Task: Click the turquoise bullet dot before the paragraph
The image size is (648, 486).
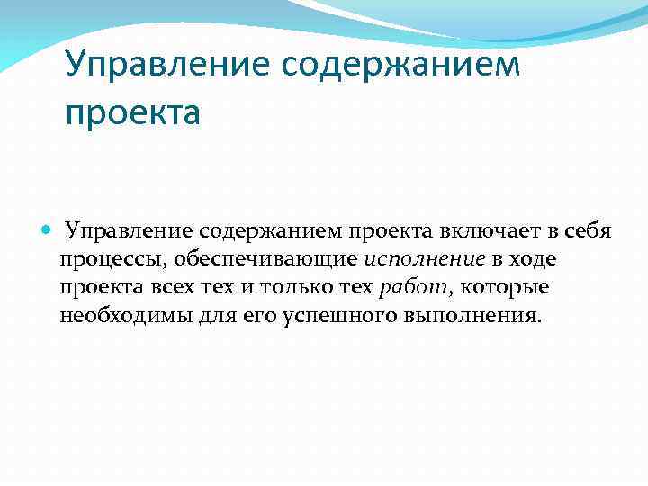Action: pyautogui.click(x=48, y=230)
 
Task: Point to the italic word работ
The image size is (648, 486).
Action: pyautogui.click(x=410, y=288)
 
